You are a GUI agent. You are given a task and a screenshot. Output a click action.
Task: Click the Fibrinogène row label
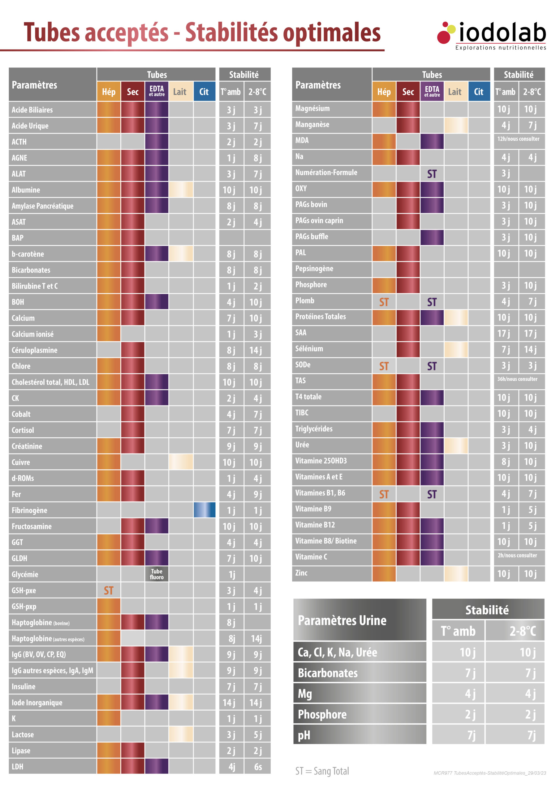(30, 510)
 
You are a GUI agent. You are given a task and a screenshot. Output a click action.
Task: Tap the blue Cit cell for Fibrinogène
(204, 510)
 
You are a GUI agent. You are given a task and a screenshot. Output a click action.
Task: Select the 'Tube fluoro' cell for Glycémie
(157, 574)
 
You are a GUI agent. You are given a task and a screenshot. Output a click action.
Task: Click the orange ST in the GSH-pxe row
(108, 591)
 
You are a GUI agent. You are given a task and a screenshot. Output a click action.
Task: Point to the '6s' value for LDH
(258, 767)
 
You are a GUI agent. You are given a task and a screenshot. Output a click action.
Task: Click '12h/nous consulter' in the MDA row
(518, 139)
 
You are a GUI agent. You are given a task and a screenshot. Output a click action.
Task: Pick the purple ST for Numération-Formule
(432, 174)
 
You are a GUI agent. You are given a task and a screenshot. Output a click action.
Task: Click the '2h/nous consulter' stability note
(517, 555)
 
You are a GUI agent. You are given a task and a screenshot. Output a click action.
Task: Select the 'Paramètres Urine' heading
(342, 620)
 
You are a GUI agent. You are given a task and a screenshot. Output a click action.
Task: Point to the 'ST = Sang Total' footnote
(322, 771)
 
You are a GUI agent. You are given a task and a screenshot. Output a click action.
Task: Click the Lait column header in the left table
(179, 92)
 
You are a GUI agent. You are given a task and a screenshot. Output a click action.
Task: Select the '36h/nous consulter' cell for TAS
(517, 379)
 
